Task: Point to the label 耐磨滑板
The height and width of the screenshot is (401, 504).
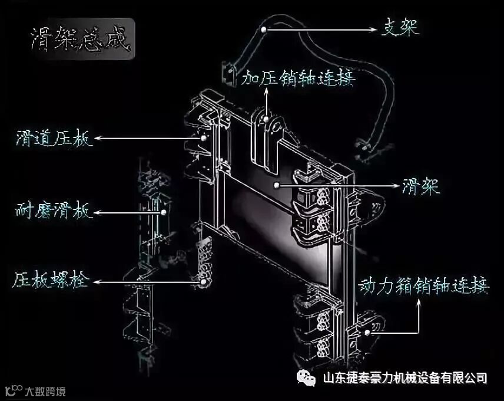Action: click(53, 211)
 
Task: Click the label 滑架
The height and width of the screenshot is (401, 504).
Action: click(420, 185)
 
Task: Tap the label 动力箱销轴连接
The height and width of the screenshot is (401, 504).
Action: click(424, 287)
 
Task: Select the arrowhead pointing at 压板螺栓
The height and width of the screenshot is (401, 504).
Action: click(94, 282)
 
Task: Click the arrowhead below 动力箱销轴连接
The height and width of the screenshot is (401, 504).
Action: click(419, 302)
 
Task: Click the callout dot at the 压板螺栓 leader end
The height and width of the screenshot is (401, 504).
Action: click(204, 282)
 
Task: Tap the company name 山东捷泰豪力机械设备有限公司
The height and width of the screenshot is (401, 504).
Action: click(406, 377)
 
